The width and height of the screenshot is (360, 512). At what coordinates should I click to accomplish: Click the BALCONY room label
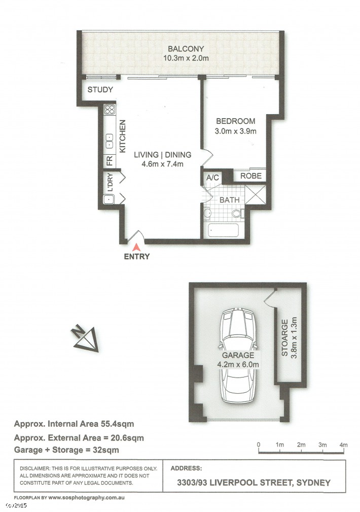click(186, 49)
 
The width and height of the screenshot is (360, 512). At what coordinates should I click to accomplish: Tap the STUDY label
click(100, 89)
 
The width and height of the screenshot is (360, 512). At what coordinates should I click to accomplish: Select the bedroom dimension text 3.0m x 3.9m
click(235, 131)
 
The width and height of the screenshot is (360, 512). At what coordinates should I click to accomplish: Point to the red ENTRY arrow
click(137, 247)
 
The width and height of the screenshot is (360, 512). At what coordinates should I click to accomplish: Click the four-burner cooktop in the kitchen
click(110, 110)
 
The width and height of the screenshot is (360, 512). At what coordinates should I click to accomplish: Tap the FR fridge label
click(110, 161)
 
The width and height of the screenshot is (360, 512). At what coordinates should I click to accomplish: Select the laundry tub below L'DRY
click(109, 199)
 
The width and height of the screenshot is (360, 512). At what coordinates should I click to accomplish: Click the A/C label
click(212, 178)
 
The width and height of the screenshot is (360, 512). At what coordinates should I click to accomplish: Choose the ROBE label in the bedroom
click(251, 176)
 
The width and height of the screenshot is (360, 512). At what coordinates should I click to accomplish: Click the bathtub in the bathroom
click(224, 230)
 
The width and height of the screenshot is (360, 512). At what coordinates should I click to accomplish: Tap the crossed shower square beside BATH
click(255, 195)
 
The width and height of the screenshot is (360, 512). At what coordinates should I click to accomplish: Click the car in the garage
click(238, 356)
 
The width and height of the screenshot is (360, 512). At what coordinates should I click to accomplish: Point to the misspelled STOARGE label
click(285, 337)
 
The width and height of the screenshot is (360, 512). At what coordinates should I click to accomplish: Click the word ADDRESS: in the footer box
click(186, 468)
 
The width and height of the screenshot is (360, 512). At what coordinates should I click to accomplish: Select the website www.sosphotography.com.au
click(86, 498)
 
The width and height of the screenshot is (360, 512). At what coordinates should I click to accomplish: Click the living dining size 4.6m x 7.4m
click(162, 164)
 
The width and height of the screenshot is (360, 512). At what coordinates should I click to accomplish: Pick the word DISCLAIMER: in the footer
click(34, 468)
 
